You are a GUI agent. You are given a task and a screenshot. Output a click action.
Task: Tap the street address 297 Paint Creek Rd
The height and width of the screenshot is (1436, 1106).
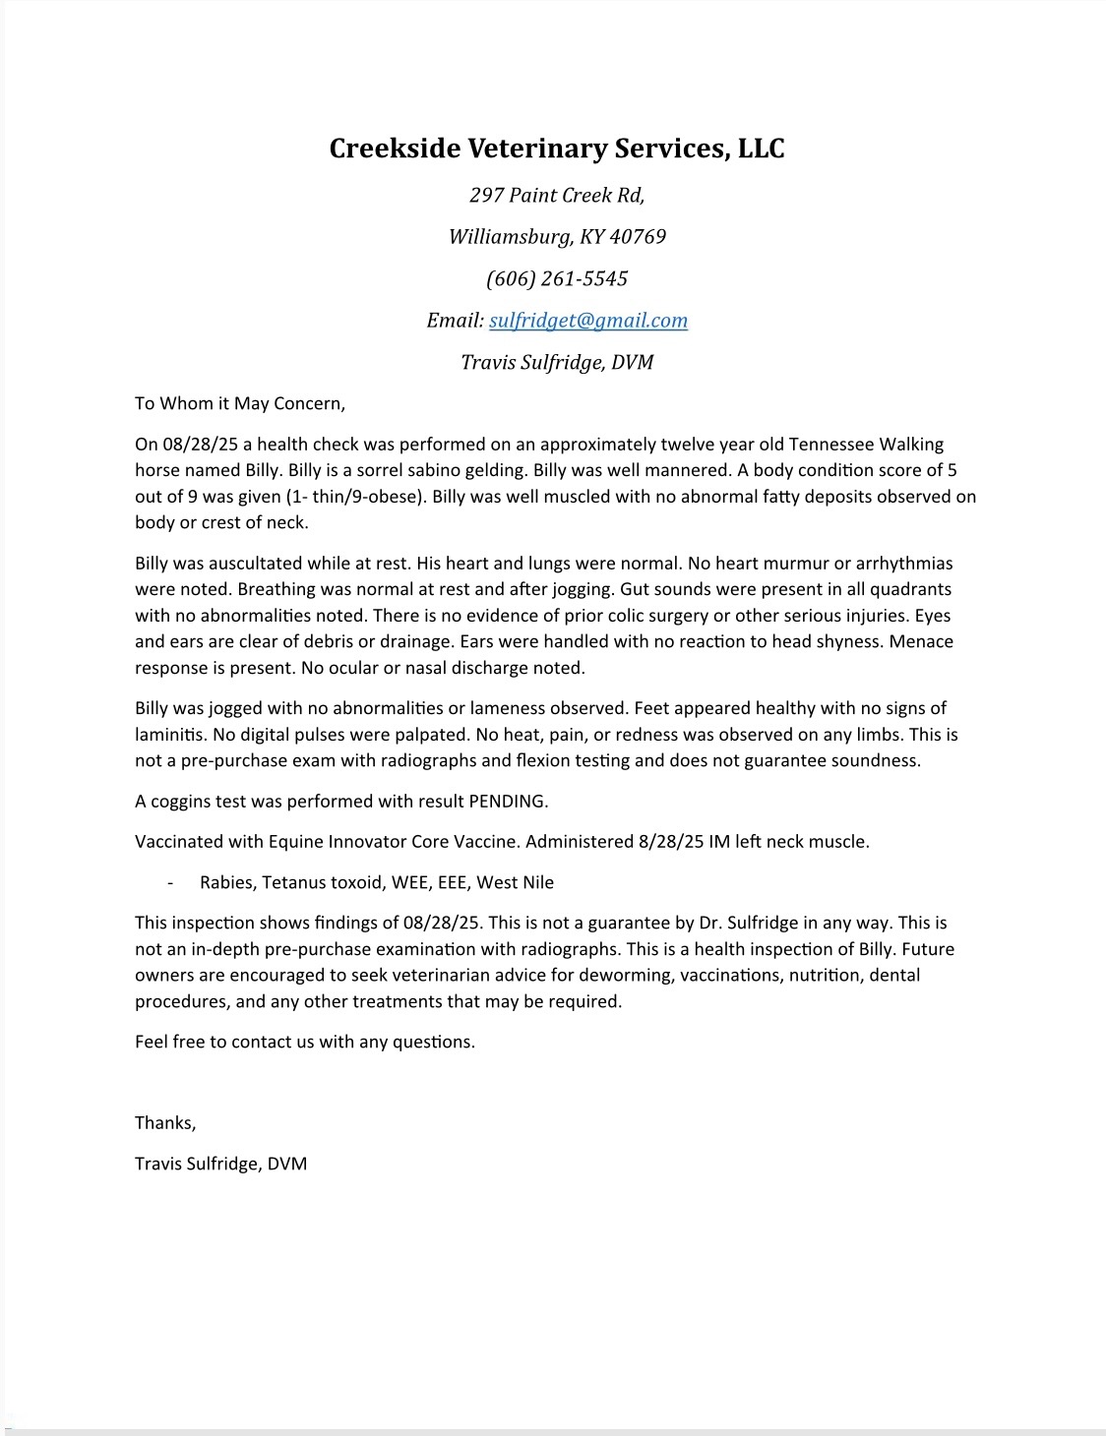(556, 195)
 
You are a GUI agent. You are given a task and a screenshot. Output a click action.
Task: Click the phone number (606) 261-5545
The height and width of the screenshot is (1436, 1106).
(557, 278)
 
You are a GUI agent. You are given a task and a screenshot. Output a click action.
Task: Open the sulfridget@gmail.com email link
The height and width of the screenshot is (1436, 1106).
(588, 321)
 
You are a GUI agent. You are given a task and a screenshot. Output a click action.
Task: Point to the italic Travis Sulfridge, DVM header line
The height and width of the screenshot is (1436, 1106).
(557, 362)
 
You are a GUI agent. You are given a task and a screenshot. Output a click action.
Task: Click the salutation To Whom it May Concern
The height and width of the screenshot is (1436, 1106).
(240, 403)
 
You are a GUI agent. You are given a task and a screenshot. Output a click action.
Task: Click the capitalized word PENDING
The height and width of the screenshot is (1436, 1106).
(507, 802)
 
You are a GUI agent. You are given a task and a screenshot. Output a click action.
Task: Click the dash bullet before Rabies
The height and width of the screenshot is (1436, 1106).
(171, 883)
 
